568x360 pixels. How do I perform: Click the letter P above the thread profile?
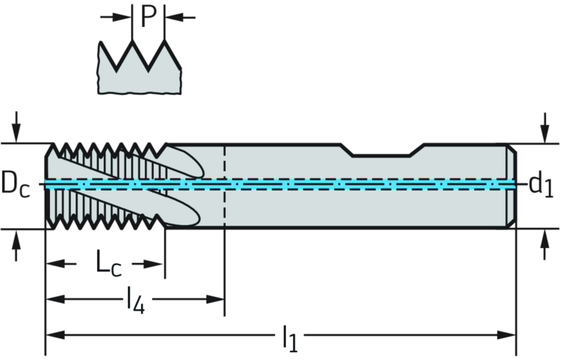click(x=148, y=16)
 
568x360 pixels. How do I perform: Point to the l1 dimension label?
click(x=289, y=337)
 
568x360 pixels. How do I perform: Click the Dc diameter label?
click(x=15, y=184)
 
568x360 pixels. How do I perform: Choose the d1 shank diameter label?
click(x=540, y=184)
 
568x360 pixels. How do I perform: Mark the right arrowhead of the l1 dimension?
click(x=506, y=334)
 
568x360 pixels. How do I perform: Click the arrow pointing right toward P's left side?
click(x=120, y=17)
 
